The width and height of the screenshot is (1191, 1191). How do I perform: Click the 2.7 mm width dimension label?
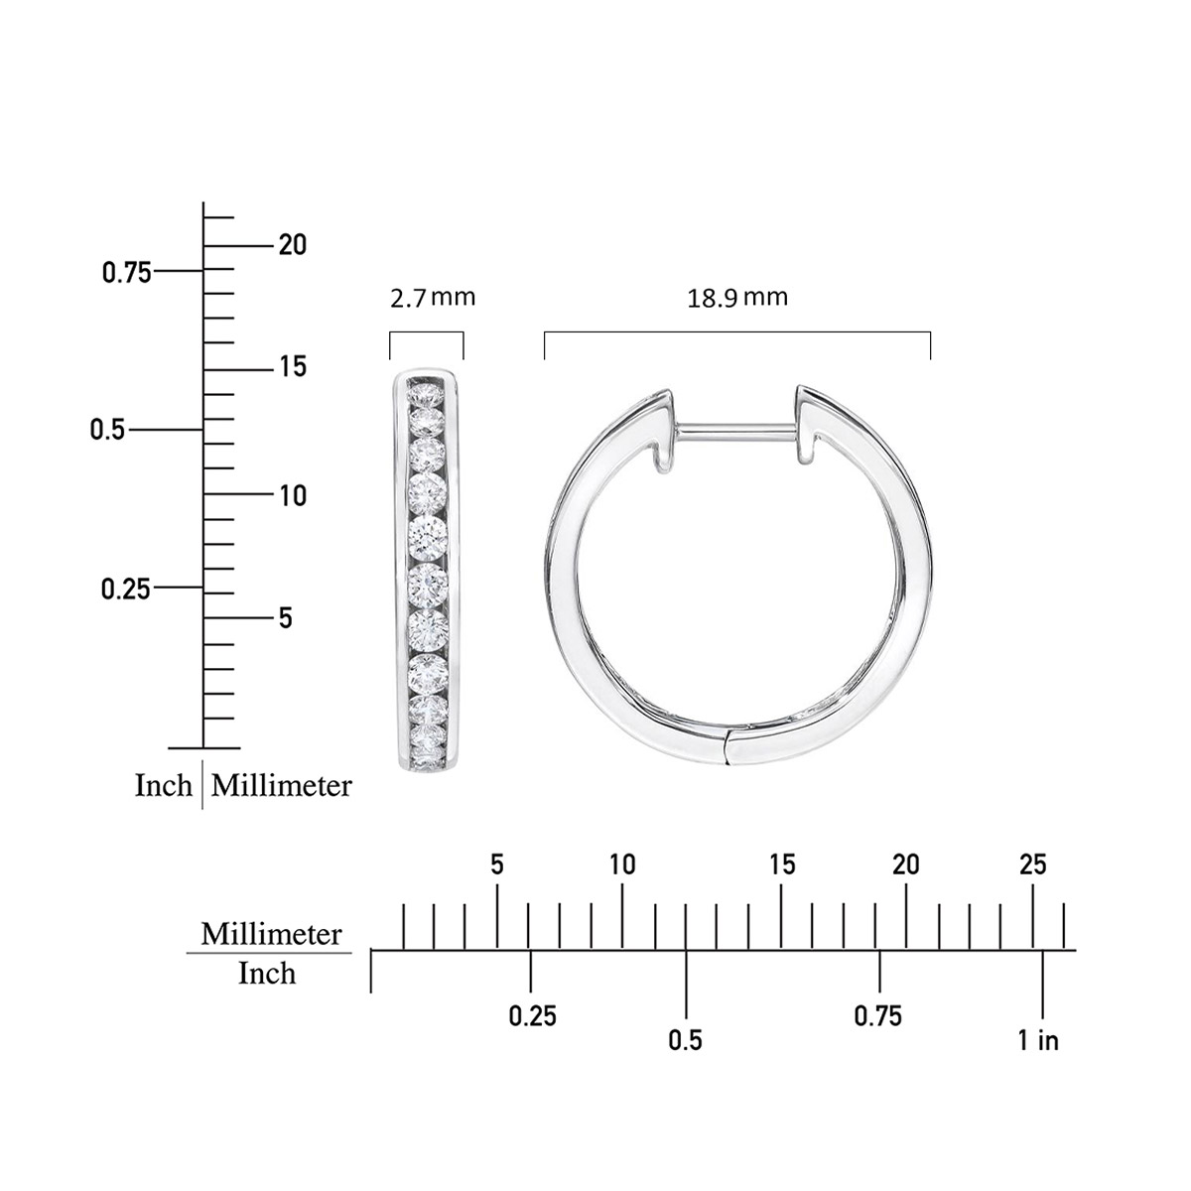pyautogui.click(x=433, y=298)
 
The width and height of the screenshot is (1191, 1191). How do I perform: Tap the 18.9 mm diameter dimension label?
pyautogui.click(x=737, y=298)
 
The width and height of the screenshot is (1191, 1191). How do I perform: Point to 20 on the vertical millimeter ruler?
pyautogui.click(x=293, y=245)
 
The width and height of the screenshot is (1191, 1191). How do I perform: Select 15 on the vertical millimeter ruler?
pyautogui.click(x=293, y=367)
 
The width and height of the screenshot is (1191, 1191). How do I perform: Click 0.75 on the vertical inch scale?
pyautogui.click(x=127, y=273)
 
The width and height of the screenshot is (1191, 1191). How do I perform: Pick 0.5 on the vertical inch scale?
pyautogui.click(x=107, y=430)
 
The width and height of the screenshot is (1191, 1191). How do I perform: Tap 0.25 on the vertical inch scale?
pyautogui.click(x=125, y=590)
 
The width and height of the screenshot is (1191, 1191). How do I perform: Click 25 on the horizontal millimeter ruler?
pyautogui.click(x=1033, y=864)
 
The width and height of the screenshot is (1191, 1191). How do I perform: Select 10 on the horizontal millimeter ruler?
pyautogui.click(x=622, y=864)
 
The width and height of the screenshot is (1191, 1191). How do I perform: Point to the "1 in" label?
pyautogui.click(x=1038, y=1040)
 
